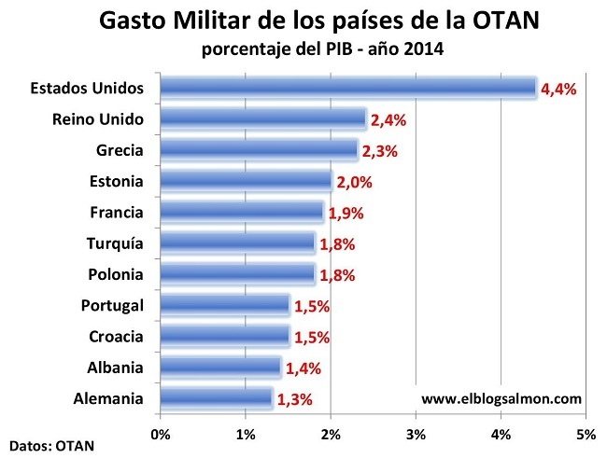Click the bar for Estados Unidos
pyautogui.click(x=347, y=88)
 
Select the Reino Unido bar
pyautogui.click(x=262, y=118)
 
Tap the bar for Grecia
pyautogui.click(x=259, y=149)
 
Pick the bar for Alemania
pyautogui.click(x=216, y=399)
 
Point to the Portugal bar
pyautogui.click(x=224, y=305)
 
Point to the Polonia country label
pyautogui.click(x=114, y=274)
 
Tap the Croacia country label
pyautogui.click(x=115, y=337)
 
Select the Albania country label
pyautogui.click(x=115, y=368)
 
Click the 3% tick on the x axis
pyautogui.click(x=416, y=434)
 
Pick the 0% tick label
pyautogui.click(x=160, y=434)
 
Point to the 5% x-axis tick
pyautogui.click(x=586, y=434)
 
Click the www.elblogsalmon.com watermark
pyautogui.click(x=501, y=399)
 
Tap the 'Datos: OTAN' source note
pyautogui.click(x=51, y=445)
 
